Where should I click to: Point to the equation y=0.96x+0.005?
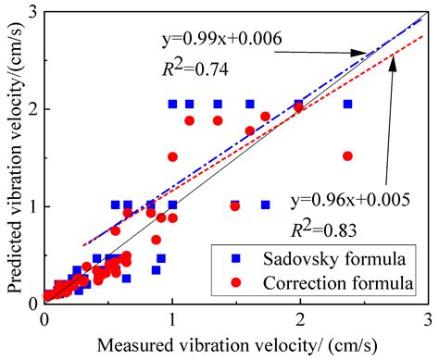click(x=350, y=200)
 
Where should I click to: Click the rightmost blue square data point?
click(x=347, y=105)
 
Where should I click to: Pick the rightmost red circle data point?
click(x=347, y=156)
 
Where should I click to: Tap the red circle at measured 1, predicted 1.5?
click(x=172, y=156)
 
